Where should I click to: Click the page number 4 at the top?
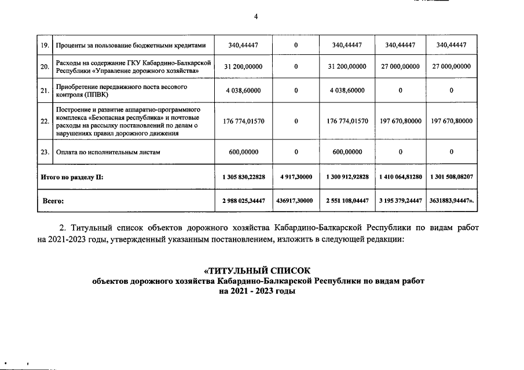[256, 16]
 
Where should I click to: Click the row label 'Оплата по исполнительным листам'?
[107, 152]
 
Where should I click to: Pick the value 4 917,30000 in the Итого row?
[296, 177]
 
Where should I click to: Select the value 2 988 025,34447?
[243, 201]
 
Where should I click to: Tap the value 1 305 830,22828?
[243, 177]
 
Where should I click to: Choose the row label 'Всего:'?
[54, 201]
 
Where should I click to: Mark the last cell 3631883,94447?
[452, 201]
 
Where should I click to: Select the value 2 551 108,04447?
[347, 201]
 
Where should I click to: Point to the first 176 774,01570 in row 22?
[243, 121]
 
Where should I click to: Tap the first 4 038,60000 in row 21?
[243, 91]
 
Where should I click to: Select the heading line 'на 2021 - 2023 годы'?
[258, 291]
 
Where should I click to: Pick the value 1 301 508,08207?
[452, 177]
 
